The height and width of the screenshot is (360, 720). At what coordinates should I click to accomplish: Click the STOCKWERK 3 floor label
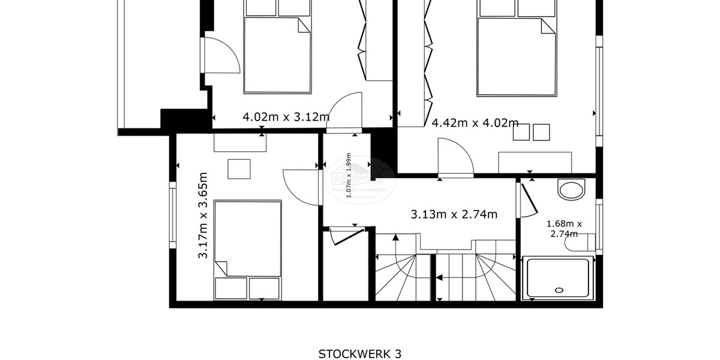(x=359, y=353)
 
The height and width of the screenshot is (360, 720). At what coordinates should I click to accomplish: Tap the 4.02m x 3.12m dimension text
(x=286, y=117)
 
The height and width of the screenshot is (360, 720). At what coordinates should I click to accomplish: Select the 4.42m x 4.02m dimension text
(x=475, y=123)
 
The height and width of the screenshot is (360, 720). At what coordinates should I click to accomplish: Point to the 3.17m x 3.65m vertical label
(x=203, y=215)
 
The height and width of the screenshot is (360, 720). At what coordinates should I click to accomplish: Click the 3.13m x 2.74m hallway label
(x=454, y=214)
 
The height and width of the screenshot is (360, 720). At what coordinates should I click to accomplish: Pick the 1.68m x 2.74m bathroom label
(x=564, y=229)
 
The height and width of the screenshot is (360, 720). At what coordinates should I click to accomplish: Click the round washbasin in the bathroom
(x=571, y=190)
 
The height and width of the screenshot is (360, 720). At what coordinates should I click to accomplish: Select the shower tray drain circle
(x=559, y=289)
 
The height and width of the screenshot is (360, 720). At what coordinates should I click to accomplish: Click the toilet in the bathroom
(x=586, y=242)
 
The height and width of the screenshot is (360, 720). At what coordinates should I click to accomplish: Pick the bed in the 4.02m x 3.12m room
(x=278, y=54)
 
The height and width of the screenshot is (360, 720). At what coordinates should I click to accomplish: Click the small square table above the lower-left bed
(x=239, y=169)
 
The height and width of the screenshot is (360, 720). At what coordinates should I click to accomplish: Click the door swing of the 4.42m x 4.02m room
(x=455, y=157)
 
